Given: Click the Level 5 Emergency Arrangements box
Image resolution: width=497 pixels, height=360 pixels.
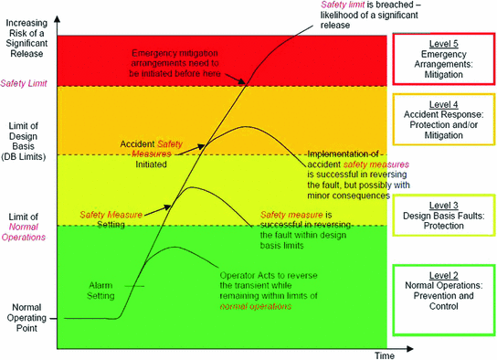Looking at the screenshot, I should point(443,58).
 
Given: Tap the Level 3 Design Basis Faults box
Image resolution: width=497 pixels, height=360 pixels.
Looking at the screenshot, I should point(443,210).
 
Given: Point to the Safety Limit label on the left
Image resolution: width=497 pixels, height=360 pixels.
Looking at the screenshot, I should point(26,83).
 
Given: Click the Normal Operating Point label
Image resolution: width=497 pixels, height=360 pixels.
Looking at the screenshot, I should point(27,317).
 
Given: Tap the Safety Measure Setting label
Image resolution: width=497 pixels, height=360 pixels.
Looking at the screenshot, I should point(111,217).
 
